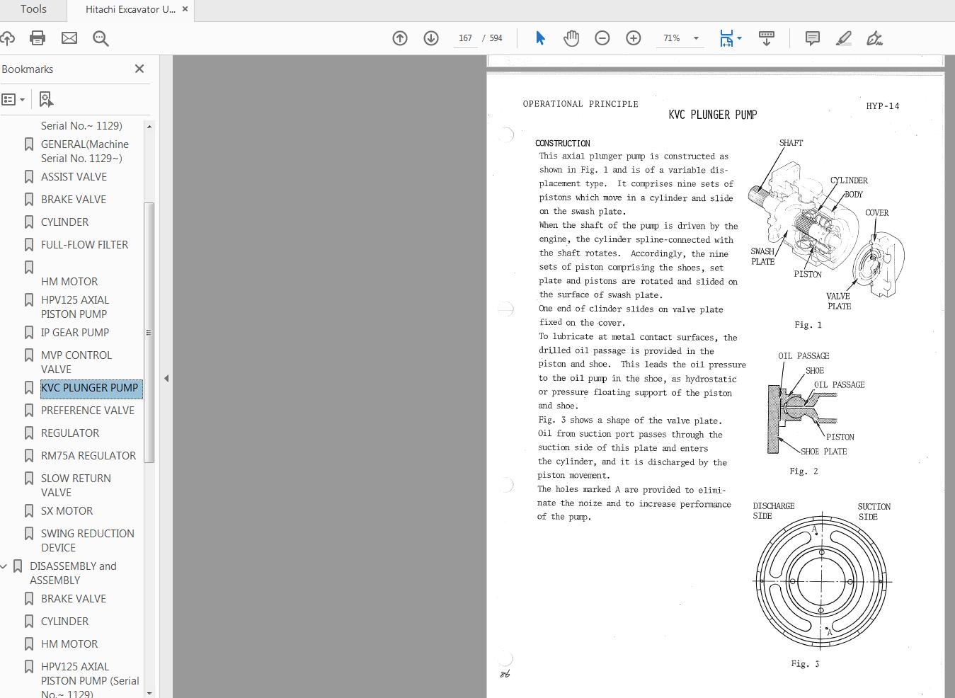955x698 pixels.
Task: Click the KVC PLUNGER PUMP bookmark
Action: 90,388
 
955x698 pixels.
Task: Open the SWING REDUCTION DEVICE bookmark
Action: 87,540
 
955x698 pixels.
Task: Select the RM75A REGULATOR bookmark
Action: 88,456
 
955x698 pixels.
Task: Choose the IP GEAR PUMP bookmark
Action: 75,333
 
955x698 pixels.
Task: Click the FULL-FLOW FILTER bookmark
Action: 84,245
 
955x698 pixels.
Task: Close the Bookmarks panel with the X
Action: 139,69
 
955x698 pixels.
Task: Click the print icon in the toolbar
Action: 38,38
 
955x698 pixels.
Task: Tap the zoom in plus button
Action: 633,38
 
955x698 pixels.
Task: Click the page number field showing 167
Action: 465,38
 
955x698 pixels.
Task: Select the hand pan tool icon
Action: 571,38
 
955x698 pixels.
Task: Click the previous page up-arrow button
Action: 400,38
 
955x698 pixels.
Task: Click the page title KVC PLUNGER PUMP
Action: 712,115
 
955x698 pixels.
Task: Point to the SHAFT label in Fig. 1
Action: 791,143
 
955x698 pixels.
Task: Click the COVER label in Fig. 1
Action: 876,212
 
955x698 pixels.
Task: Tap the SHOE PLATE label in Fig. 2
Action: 823,452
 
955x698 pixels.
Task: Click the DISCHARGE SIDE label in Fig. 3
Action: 773,511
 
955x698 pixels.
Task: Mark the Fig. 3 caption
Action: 805,664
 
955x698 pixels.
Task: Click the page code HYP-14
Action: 882,106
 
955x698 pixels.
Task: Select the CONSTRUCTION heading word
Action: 563,143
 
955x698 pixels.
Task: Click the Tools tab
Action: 33,9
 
